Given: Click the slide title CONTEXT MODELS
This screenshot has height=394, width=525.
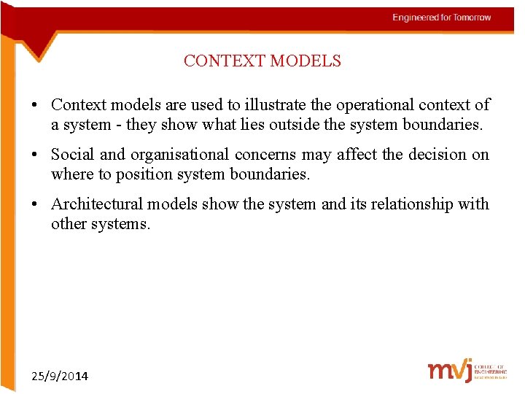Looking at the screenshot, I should (262, 61).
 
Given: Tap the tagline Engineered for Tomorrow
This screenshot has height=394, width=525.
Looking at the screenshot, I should (441, 18).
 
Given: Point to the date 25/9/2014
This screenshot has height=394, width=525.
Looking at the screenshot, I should (60, 376).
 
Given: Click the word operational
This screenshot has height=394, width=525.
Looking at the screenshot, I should (382, 105).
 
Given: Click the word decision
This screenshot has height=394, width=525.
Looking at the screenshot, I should (427, 155).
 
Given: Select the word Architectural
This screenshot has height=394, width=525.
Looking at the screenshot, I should (98, 204).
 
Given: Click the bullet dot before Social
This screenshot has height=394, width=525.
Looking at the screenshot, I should (36, 155).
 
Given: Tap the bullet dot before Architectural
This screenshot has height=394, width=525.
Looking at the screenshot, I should (36, 205).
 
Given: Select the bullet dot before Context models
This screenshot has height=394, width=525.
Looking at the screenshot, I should (36, 106).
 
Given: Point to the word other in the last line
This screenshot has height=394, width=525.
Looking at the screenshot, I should (69, 224).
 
